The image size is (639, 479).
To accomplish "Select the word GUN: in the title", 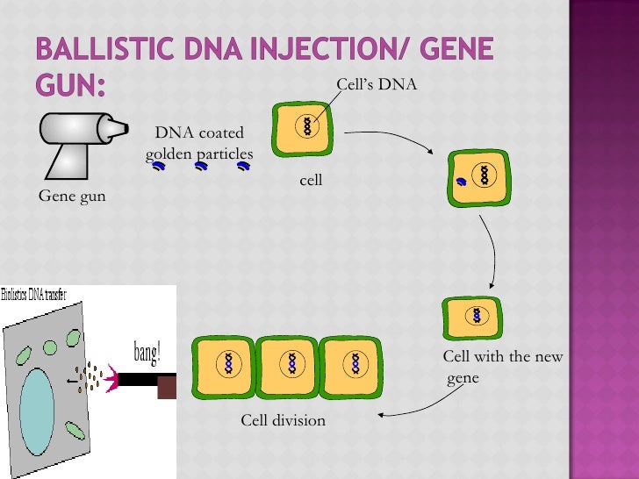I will (70, 86).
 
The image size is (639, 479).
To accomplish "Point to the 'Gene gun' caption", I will (72, 196).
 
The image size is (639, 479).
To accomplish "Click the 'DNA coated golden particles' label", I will (199, 144).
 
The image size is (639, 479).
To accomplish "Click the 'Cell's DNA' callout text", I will (377, 84).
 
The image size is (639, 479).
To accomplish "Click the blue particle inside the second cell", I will (460, 182).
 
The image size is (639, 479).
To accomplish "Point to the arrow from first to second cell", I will (391, 139).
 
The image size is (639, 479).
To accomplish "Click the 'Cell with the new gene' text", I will (502, 368).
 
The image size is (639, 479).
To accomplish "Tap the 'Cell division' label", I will (283, 421).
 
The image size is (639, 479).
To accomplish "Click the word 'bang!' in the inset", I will (147, 354).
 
